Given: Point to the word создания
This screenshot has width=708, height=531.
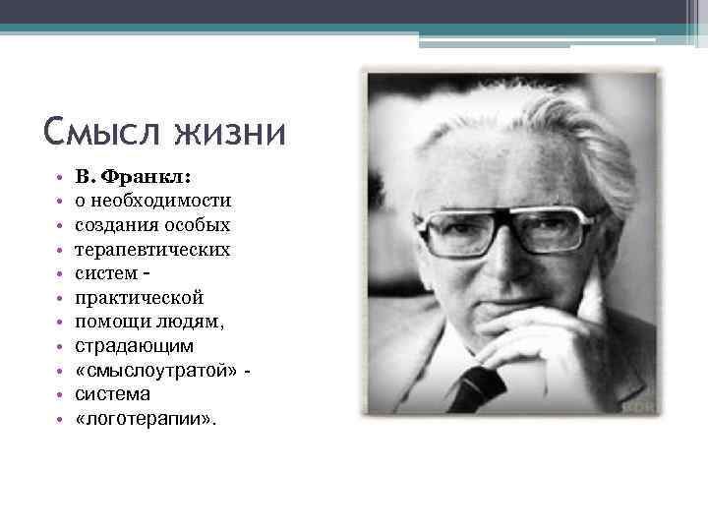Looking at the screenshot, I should click(x=115, y=225).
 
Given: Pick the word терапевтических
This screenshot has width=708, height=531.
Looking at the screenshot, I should click(x=152, y=250).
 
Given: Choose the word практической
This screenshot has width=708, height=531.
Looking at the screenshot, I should click(x=139, y=297).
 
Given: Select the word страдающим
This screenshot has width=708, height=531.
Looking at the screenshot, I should click(x=135, y=346).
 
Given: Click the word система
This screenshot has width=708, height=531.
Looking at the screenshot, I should click(x=112, y=394).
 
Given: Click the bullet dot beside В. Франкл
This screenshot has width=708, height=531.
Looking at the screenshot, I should click(x=60, y=179).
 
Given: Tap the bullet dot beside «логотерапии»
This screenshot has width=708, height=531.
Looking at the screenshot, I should click(x=60, y=419).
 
